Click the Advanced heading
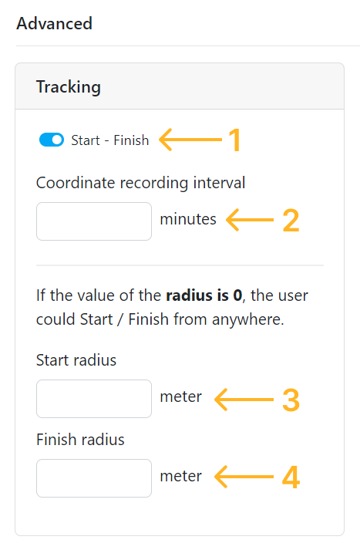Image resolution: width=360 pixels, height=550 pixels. pyautogui.click(x=54, y=23)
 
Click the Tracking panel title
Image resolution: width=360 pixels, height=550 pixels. pyautogui.click(x=69, y=87)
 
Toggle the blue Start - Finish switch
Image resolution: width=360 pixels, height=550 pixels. pyautogui.click(x=52, y=140)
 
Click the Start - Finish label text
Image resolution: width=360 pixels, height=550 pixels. pyautogui.click(x=110, y=140)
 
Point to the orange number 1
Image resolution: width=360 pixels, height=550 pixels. pyautogui.click(x=234, y=140)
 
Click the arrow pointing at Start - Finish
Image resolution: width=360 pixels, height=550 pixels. pyautogui.click(x=190, y=140)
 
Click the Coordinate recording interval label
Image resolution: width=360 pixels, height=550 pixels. pyautogui.click(x=140, y=183)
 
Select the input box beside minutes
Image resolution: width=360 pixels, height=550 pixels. pyautogui.click(x=94, y=221)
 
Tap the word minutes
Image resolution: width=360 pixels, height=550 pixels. pyautogui.click(x=188, y=220)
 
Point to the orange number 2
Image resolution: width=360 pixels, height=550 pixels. pyautogui.click(x=291, y=221)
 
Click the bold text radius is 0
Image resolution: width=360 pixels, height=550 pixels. pyautogui.click(x=204, y=295)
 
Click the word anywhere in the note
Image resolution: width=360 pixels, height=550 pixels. pyautogui.click(x=247, y=319)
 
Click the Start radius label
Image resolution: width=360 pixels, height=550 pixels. pyautogui.click(x=76, y=360)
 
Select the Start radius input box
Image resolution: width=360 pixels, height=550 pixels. pyautogui.click(x=94, y=399)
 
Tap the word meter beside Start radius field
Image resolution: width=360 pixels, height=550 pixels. pyautogui.click(x=181, y=397)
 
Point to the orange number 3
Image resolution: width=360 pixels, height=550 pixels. pyautogui.click(x=291, y=400)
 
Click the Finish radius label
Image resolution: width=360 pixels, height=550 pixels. pyautogui.click(x=80, y=440)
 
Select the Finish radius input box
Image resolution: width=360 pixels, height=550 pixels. pyautogui.click(x=94, y=478)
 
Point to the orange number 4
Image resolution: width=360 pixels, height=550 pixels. pyautogui.click(x=291, y=477)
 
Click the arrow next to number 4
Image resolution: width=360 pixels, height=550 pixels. pyautogui.click(x=244, y=477)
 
